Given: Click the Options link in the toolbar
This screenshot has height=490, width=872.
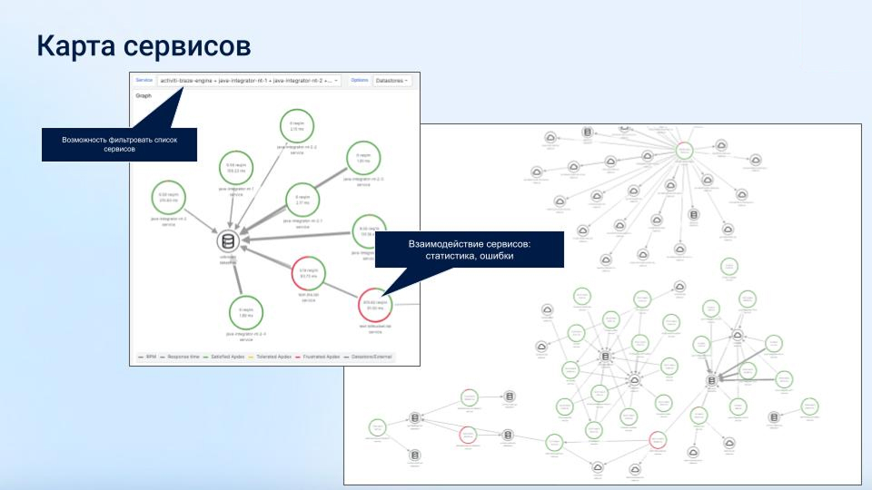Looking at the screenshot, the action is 360,81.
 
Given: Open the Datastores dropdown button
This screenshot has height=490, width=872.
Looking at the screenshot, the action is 393,81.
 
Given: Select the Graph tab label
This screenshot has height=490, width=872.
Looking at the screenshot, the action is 144,94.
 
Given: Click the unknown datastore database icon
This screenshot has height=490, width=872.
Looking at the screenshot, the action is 229,241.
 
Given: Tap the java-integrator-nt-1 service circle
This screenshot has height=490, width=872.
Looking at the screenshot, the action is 234,170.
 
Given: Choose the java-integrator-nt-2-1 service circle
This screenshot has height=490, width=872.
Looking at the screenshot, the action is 302,200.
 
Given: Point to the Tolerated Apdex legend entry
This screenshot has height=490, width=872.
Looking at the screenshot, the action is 273,357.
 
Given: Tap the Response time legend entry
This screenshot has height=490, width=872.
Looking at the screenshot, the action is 185,357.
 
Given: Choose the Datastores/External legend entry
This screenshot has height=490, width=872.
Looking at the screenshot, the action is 372,357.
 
